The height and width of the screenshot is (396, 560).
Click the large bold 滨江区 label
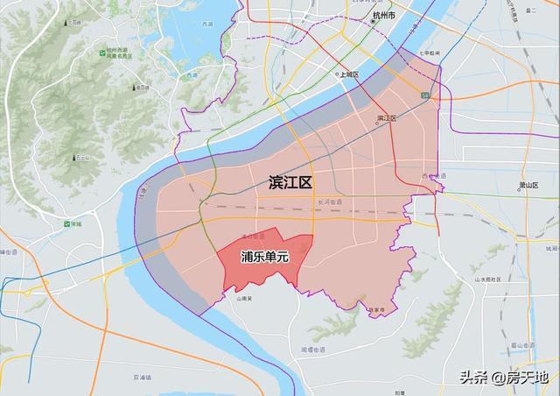click(x=290, y=183)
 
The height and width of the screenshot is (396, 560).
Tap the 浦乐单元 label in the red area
click(x=264, y=258)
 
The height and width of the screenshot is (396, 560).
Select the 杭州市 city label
click(x=383, y=17)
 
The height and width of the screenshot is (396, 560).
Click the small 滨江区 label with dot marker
click(x=386, y=118)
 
